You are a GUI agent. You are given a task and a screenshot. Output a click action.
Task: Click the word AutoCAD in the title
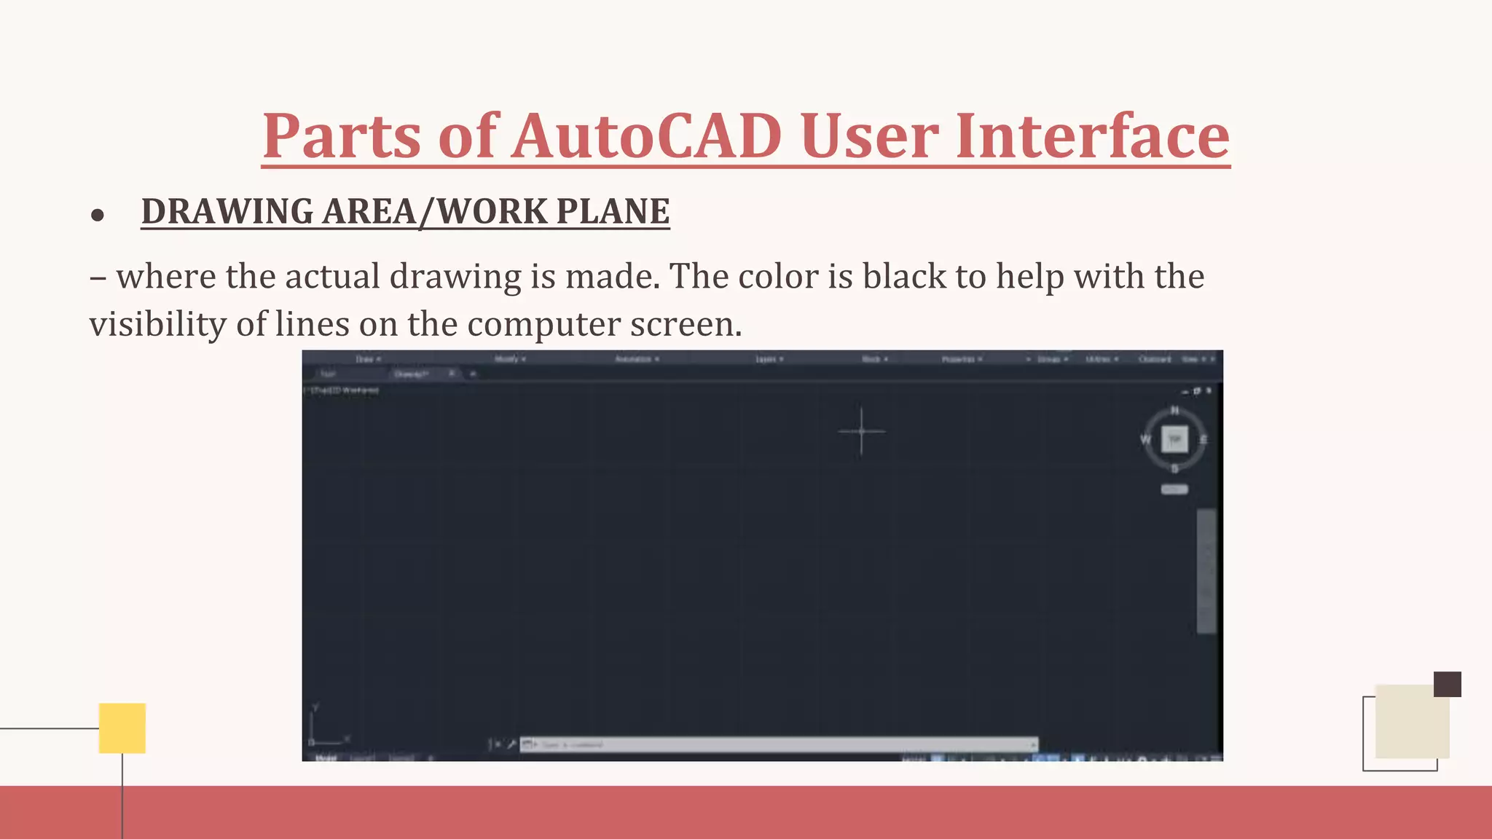[647, 136]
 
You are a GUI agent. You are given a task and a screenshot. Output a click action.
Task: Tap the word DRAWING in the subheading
[227, 212]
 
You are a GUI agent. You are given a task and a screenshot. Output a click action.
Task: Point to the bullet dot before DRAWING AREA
[98, 216]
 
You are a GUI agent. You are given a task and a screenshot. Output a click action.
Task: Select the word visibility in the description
[157, 324]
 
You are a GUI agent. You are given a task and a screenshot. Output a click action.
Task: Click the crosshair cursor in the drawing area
[861, 431]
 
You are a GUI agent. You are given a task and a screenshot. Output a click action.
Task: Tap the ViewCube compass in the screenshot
[1174, 439]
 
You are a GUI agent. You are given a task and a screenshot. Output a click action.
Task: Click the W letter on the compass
[1145, 439]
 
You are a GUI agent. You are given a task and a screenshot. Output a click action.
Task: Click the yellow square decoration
[122, 728]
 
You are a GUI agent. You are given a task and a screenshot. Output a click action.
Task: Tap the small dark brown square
[1447, 684]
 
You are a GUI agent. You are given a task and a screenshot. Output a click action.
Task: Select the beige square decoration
[1410, 722]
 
